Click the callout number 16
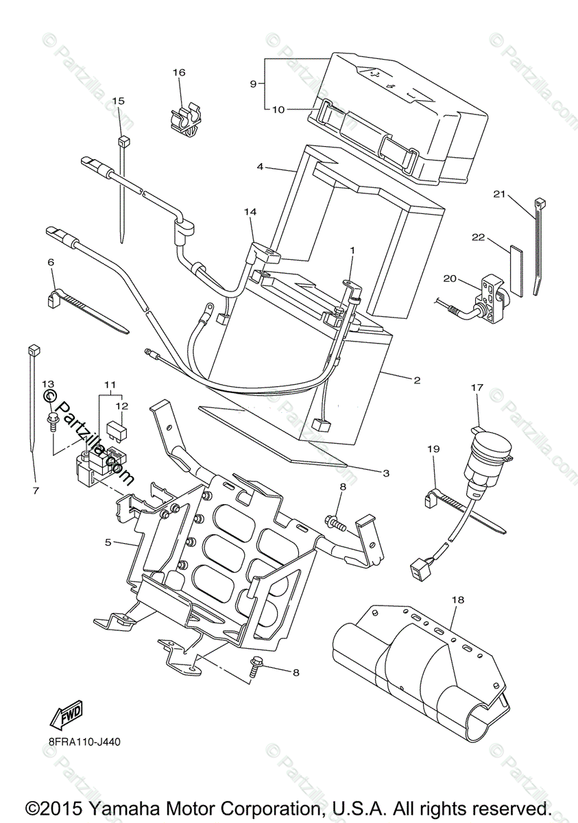pyautogui.click(x=179, y=73)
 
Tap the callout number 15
pyautogui.click(x=118, y=101)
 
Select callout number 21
pyautogui.click(x=498, y=194)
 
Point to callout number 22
pyautogui.click(x=478, y=237)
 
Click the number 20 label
pyautogui.click(x=468, y=278)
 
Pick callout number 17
pyautogui.click(x=477, y=387)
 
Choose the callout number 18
pyautogui.click(x=458, y=599)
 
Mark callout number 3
pyautogui.click(x=386, y=473)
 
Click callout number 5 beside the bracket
pyautogui.click(x=108, y=542)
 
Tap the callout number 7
pyautogui.click(x=36, y=490)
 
